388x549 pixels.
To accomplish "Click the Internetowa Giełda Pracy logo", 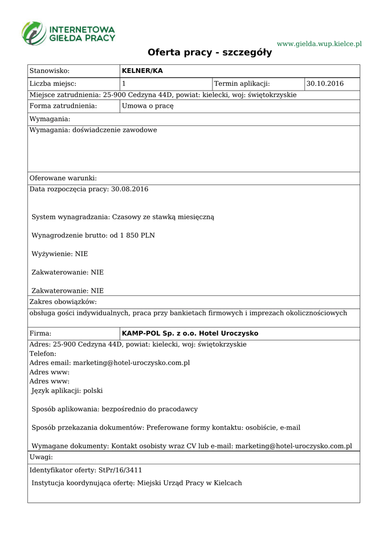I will [68, 33].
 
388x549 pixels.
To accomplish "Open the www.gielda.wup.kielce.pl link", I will [319, 43].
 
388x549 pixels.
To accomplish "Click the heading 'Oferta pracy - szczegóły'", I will [210, 53].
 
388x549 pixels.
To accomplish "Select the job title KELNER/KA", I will [142, 71].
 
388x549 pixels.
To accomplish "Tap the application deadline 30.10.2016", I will [325, 84].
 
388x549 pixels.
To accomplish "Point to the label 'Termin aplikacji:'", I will [242, 84].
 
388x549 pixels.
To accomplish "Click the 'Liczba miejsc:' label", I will [53, 84].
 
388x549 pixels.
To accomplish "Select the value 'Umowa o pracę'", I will [148, 106].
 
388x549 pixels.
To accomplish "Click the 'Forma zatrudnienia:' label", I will [63, 106].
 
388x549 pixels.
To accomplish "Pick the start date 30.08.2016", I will [130, 189].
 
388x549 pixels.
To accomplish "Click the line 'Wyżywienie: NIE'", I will [60, 254].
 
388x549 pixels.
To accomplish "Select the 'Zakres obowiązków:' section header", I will [63, 302].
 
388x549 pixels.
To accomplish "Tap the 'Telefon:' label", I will [43, 354].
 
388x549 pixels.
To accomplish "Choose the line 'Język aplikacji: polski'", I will [67, 391].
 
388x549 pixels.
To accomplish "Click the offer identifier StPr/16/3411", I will [120, 470].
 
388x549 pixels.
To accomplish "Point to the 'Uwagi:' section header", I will [41, 457].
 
